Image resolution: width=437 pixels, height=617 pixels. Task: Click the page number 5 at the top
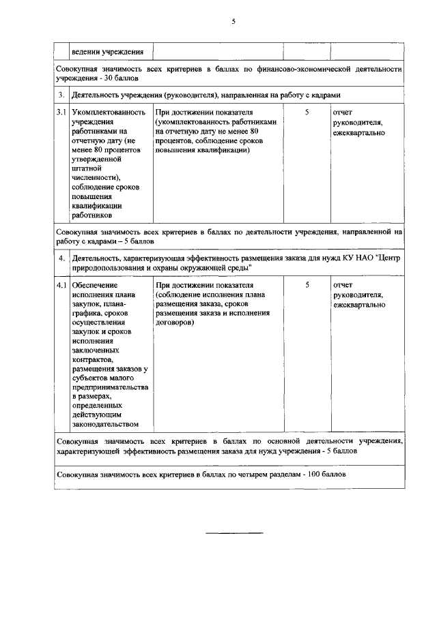[233, 22]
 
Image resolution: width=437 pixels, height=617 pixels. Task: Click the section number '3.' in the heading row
[61, 95]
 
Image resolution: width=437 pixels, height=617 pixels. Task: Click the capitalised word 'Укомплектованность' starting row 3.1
[108, 112]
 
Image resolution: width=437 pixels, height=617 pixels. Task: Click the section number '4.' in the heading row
[61, 258]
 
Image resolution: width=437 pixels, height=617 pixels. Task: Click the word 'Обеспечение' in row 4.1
[94, 284]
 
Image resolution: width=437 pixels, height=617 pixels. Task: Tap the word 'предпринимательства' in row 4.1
[109, 387]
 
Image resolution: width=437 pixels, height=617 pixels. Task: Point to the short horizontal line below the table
[234, 532]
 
